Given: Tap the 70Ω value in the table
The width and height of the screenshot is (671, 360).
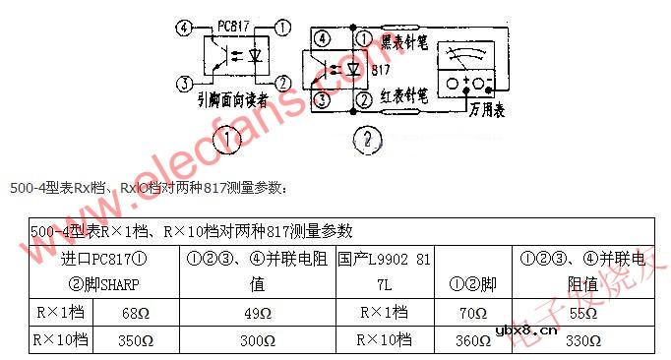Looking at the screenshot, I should point(473,314).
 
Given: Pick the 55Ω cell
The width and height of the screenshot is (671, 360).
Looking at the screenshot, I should point(582,314).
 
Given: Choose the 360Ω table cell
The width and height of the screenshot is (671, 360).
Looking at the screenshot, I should point(473,341).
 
